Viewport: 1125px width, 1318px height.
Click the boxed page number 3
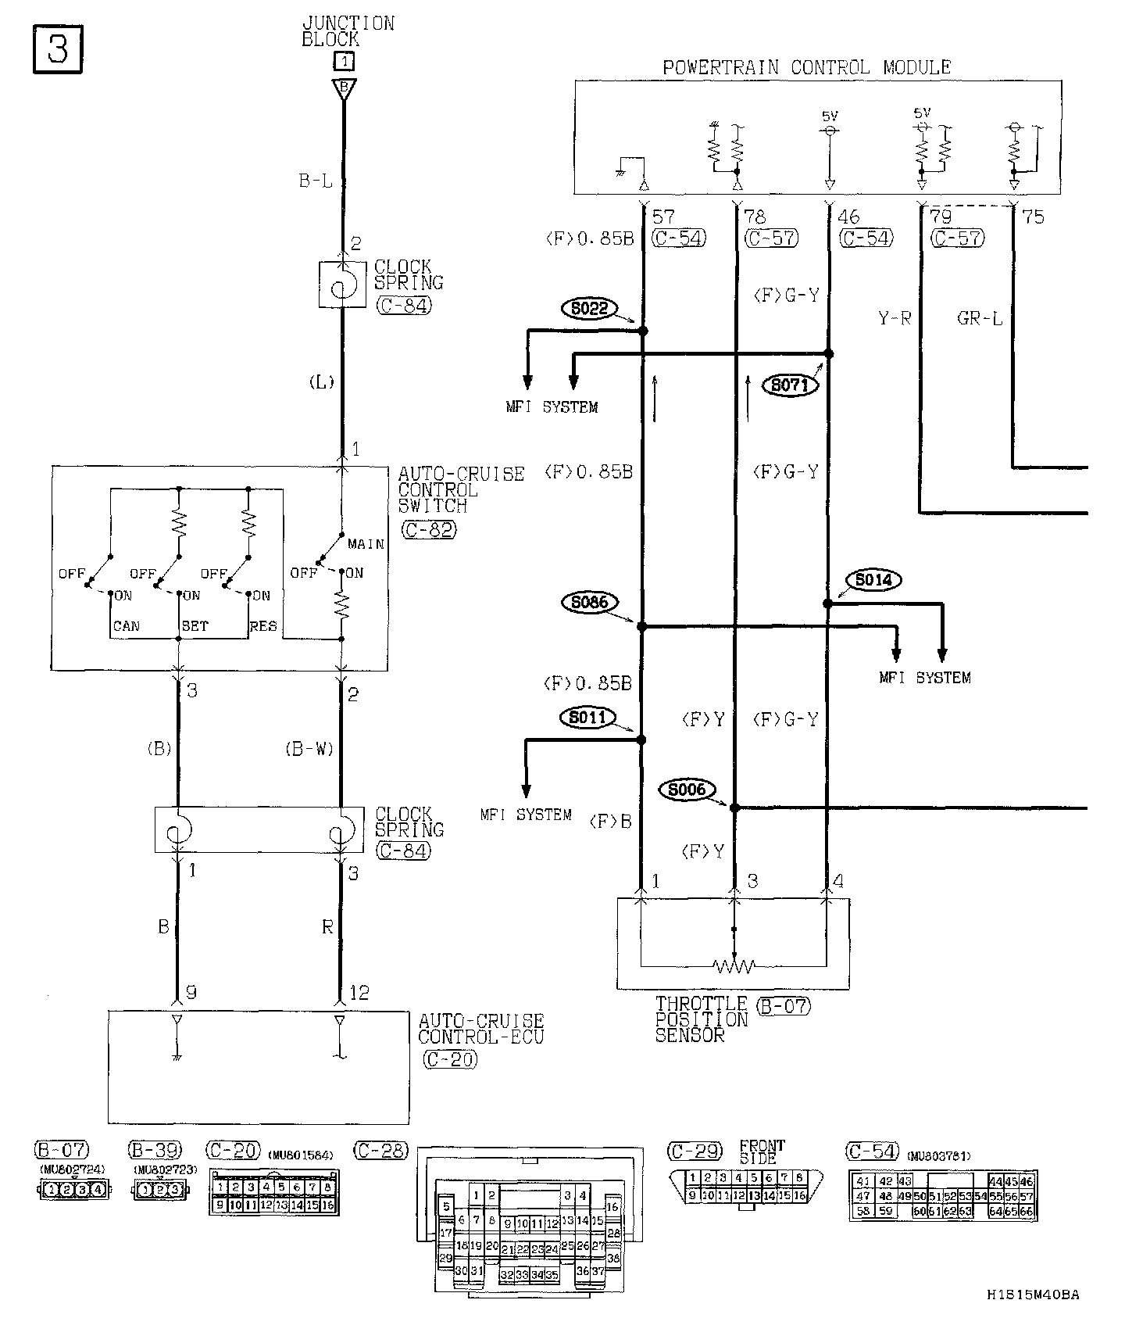coord(57,50)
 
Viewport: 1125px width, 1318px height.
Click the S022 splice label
coord(589,309)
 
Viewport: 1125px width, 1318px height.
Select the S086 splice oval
coord(589,602)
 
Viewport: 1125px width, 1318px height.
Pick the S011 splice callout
coord(588,717)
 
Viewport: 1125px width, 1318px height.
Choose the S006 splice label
coord(687,790)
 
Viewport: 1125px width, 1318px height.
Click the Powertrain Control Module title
coord(806,67)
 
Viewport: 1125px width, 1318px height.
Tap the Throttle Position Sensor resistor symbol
coord(734,966)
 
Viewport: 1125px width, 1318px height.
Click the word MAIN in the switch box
coord(366,544)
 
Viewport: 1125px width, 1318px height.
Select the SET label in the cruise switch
coord(195,626)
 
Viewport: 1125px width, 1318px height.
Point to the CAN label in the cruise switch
coord(127,626)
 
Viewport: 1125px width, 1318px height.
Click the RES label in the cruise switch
coord(263,626)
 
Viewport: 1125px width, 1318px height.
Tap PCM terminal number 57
coord(662,217)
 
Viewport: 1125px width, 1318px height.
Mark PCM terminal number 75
coord(1033,217)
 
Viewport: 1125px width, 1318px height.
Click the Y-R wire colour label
coord(894,318)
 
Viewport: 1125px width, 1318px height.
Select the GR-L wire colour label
coord(980,318)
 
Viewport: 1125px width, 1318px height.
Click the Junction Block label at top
coord(348,31)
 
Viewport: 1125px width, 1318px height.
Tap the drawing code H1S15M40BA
coord(1032,1295)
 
